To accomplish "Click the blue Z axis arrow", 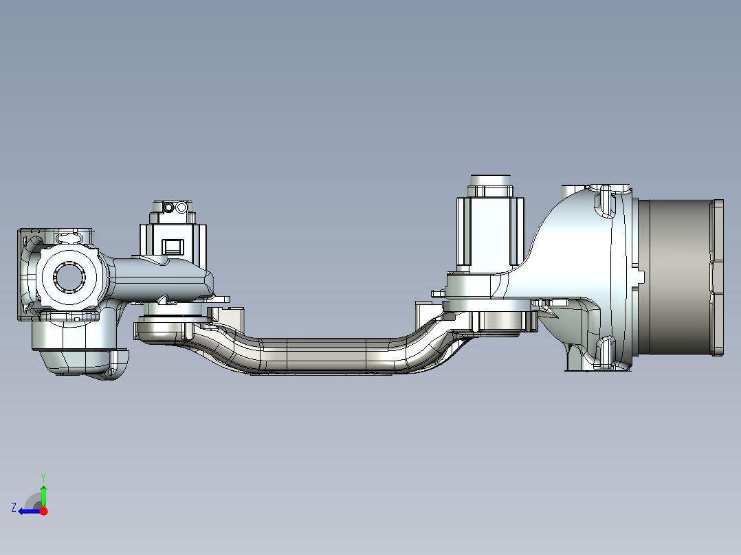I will [x=27, y=511].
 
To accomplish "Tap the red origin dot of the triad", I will [x=44, y=511].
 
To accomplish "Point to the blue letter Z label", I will [x=14, y=508].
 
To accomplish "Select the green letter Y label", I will [x=43, y=477].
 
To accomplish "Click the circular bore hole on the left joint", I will [x=68, y=277].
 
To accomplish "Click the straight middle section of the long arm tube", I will [x=323, y=356].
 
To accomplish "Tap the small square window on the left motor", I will [x=171, y=246].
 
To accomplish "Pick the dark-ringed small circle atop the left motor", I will [x=168, y=207].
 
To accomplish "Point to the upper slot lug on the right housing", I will [x=605, y=200].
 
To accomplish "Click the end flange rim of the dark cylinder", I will [x=717, y=277].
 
